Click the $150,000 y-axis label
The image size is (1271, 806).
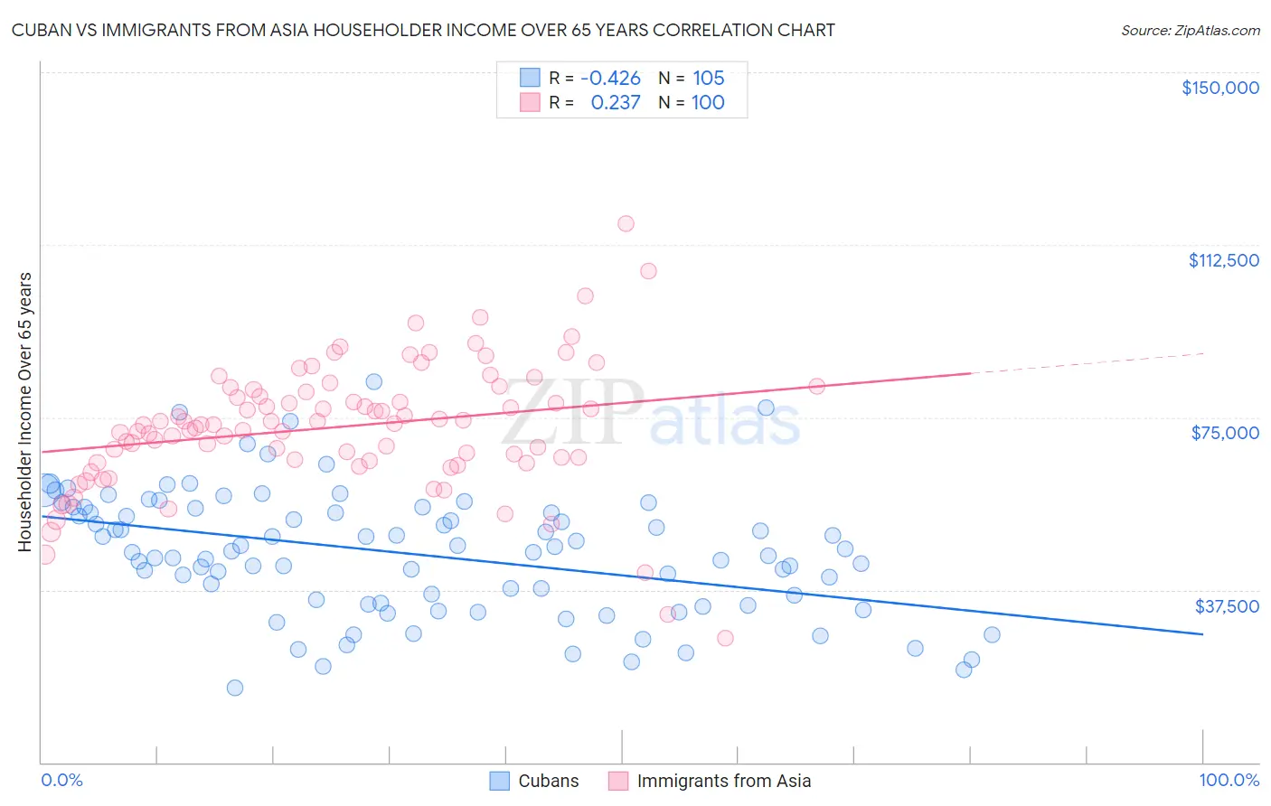1219,88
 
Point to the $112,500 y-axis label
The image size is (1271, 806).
1223,260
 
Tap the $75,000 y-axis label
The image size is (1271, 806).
1225,433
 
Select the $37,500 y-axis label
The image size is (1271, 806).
1227,606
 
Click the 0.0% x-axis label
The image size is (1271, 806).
61,780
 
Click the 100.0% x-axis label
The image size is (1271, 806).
1229,780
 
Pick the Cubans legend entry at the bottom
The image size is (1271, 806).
534,781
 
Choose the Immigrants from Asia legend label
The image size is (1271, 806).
723,781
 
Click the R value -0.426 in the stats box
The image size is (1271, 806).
610,79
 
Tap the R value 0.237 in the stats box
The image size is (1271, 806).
615,103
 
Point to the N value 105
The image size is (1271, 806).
709,79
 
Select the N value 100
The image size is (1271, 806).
708,103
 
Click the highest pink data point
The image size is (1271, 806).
626,223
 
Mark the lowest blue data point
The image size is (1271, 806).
235,688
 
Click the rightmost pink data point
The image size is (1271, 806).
816,386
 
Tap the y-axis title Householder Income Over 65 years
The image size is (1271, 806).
24,411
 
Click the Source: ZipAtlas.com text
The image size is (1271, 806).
1190,31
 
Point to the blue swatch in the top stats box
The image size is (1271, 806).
530,79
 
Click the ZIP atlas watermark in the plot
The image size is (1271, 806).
651,414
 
